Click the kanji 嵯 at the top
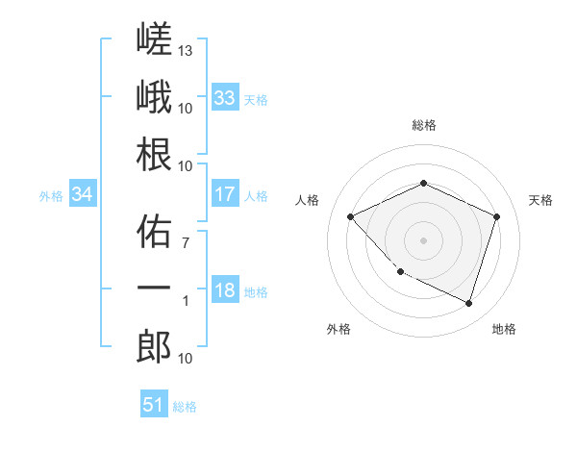coord(154,38)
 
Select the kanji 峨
coord(154,96)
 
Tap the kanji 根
coord(154,154)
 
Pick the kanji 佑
coord(154,231)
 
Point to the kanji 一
coord(154,288)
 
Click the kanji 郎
coord(154,346)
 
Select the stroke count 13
coord(185,50)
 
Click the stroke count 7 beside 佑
coord(186,242)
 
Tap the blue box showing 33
coord(225,97)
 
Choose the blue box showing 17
coord(225,193)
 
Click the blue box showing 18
coord(225,289)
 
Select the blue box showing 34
coord(83,193)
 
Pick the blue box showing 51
coord(154,403)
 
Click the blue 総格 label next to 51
coord(185,407)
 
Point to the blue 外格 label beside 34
coord(51,196)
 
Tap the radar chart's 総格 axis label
coord(424,125)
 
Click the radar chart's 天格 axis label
coord(540,200)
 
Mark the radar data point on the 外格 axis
coord(401,271)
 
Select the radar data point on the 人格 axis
coord(351,216)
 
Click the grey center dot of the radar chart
coord(423,240)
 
